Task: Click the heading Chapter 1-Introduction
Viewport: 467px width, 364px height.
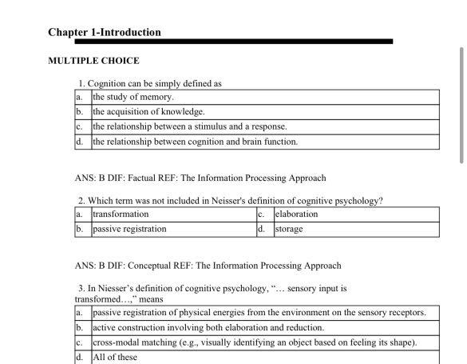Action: coord(105,33)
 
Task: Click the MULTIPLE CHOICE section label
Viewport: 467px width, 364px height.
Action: coord(93,61)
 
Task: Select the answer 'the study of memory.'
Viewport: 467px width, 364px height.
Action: coord(133,98)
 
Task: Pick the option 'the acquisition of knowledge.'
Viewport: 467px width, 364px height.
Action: coord(148,112)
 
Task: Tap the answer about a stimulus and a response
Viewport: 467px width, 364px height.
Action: coord(189,126)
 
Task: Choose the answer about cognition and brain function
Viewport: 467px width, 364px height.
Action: coord(195,142)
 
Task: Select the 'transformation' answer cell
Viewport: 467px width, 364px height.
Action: coord(121,214)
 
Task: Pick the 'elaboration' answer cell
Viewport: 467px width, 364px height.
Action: coord(296,214)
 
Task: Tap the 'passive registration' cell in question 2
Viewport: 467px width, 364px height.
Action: coord(129,229)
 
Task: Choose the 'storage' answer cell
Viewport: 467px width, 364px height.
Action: coord(289,229)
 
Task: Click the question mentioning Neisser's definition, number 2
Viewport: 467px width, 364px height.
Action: coord(230,201)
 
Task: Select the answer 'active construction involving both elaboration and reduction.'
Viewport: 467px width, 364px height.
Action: coord(208,328)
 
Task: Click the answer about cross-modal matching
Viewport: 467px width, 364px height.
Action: coord(254,342)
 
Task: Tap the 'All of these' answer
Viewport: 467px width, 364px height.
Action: coord(115,357)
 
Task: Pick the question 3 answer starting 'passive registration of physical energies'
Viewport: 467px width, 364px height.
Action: coord(259,313)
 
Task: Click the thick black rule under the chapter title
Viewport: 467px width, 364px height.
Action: coord(233,42)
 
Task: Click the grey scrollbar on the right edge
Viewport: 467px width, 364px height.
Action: coord(461,104)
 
